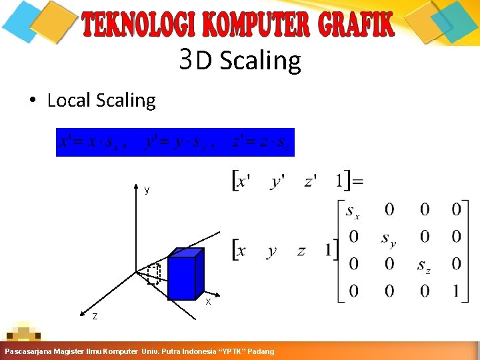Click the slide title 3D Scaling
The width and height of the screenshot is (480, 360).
tap(240, 61)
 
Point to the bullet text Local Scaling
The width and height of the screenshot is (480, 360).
tap(101, 101)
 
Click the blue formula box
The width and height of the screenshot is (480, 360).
tap(175, 142)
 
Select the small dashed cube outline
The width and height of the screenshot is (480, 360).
tap(154, 275)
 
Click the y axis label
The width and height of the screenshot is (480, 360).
tap(147, 189)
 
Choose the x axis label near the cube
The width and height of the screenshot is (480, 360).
tap(208, 301)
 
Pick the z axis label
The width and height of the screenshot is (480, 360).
tap(95, 315)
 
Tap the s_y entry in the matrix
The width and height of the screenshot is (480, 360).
tap(389, 238)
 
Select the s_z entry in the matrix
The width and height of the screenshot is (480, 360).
tap(424, 265)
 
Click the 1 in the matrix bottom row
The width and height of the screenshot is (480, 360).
tap(456, 291)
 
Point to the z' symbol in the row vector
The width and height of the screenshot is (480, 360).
tap(311, 181)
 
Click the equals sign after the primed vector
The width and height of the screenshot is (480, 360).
tap(357, 181)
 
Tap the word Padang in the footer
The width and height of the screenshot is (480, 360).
tap(261, 351)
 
